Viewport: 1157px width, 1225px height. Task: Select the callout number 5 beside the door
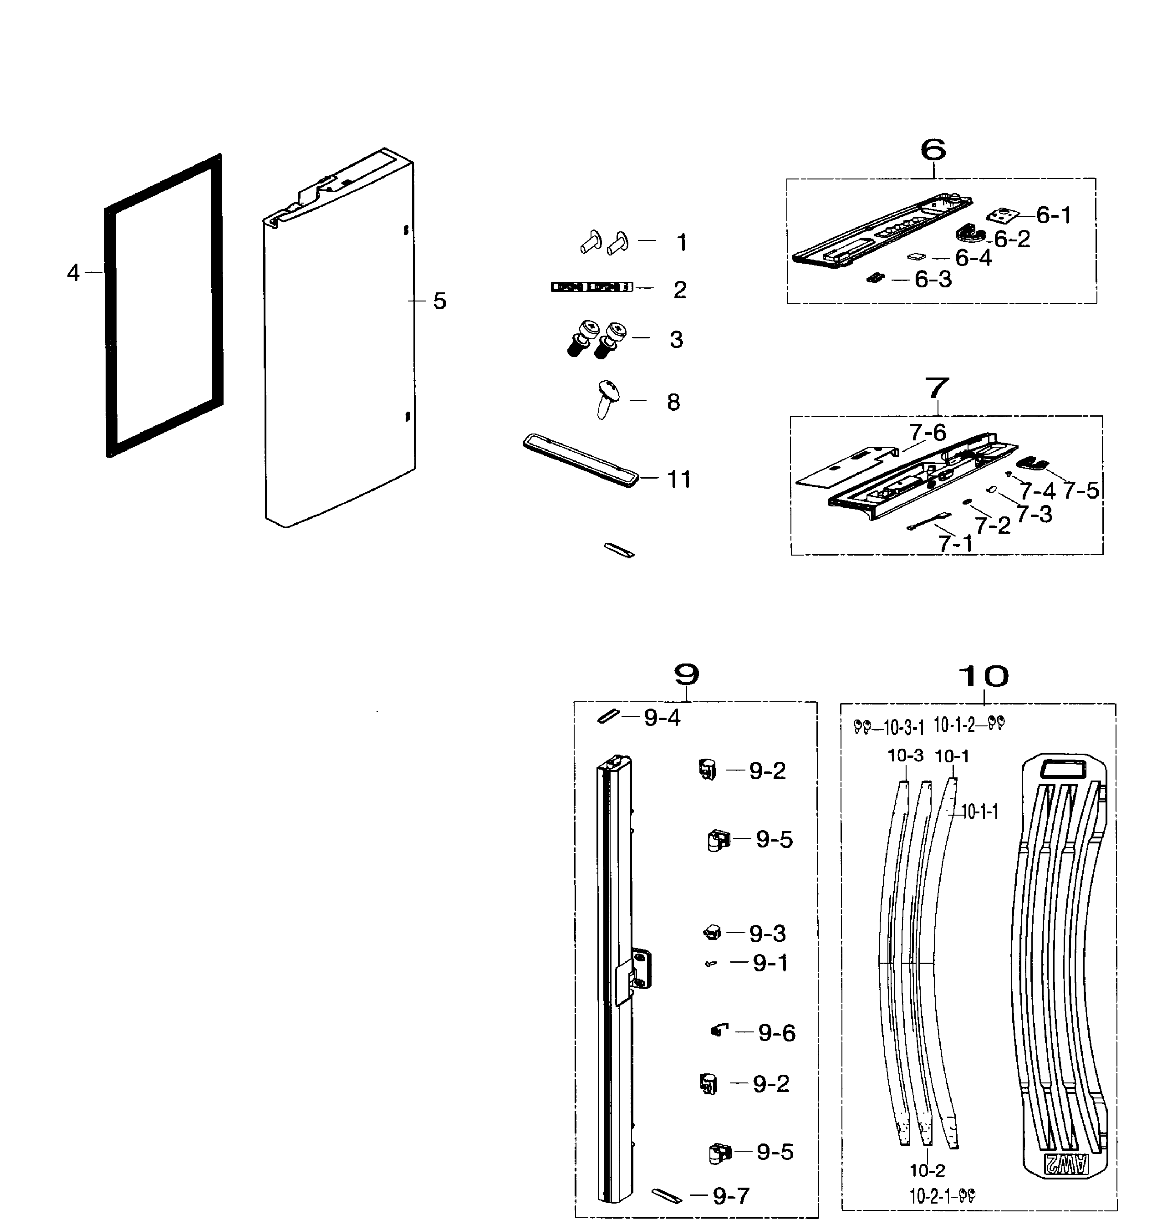point(439,301)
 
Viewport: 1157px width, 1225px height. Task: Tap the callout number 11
point(679,479)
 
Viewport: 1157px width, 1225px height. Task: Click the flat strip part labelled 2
point(591,287)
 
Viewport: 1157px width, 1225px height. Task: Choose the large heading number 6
point(933,149)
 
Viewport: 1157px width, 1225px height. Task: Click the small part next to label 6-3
point(875,278)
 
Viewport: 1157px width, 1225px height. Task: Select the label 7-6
point(928,432)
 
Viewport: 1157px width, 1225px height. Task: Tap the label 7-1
point(955,543)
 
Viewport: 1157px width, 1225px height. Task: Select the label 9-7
point(731,1196)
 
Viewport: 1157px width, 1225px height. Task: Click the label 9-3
point(767,933)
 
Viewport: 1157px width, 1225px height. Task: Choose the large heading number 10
point(983,677)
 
